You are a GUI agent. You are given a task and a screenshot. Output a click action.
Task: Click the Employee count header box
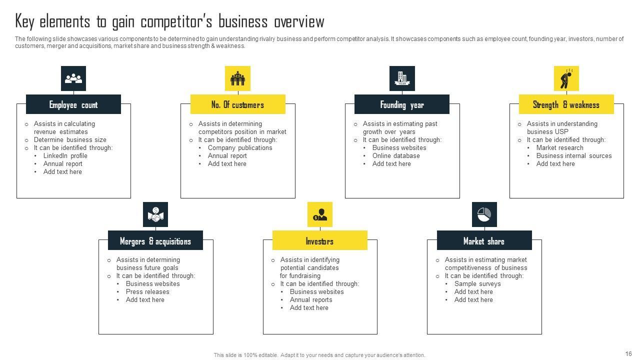(73, 104)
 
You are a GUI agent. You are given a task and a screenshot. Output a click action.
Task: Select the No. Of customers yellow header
(237, 104)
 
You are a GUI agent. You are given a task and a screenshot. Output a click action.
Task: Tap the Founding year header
(402, 104)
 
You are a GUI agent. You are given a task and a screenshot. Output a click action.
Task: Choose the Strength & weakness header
(566, 104)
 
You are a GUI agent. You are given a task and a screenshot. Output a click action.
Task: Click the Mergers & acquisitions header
(155, 241)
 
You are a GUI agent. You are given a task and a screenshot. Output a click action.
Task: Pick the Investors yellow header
(319, 241)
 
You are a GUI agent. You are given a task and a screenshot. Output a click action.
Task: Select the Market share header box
(484, 241)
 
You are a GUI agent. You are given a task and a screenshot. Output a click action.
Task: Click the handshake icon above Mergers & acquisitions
(155, 214)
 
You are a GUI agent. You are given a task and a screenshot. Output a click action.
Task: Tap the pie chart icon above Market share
(484, 214)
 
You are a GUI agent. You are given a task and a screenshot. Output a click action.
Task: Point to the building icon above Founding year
(402, 78)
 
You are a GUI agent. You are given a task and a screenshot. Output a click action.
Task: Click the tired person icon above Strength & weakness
(566, 78)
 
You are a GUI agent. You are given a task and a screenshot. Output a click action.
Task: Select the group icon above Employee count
(73, 78)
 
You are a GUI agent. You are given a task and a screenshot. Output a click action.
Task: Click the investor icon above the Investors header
(319, 214)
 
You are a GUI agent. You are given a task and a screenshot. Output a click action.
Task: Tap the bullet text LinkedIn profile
(65, 155)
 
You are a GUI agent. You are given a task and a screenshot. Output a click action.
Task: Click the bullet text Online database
(396, 155)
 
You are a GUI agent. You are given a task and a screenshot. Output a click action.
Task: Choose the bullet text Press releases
(147, 291)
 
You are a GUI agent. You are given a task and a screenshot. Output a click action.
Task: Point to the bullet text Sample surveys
(477, 283)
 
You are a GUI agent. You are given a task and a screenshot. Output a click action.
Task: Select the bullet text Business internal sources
(573, 155)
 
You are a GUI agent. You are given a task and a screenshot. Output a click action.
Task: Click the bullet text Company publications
(240, 147)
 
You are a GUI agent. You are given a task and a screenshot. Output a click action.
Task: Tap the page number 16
(628, 353)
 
